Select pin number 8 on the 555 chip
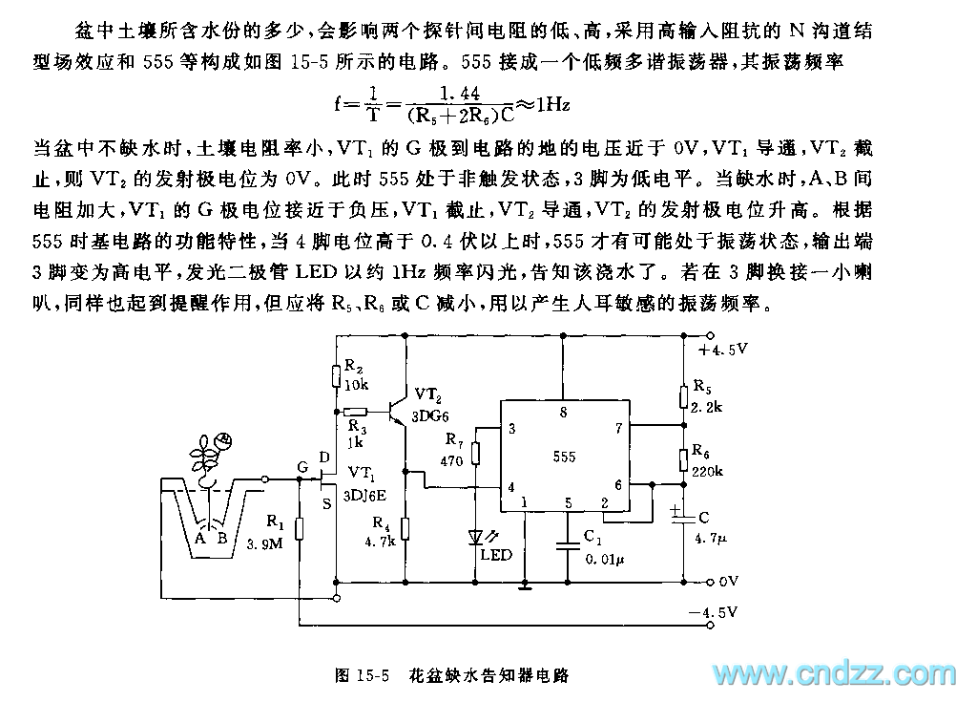[x=563, y=413]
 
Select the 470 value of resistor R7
[x=452, y=460]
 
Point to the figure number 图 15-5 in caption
[x=364, y=675]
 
